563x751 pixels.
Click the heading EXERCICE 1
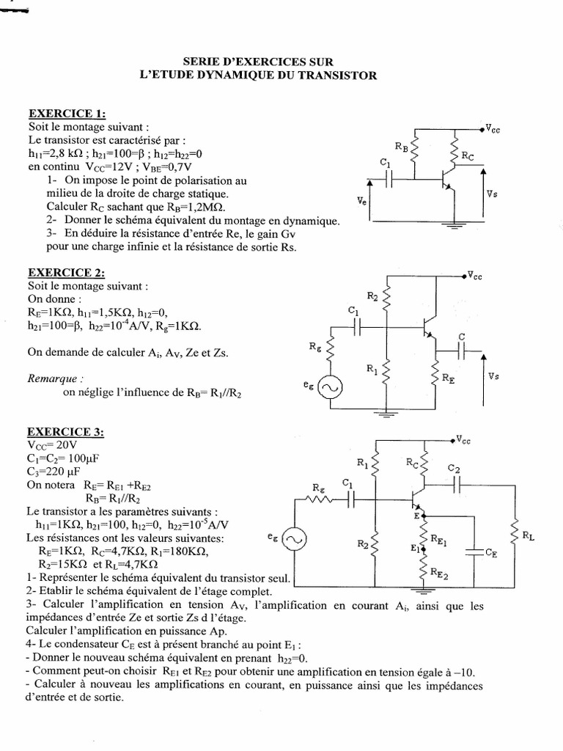66,114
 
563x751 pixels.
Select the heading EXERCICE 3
66,432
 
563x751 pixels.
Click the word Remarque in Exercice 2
52,379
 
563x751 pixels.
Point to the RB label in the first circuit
402,146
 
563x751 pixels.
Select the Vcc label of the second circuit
476,276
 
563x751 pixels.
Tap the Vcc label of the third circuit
463,440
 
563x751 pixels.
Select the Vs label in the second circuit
493,375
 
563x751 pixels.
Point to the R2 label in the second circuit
372,297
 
